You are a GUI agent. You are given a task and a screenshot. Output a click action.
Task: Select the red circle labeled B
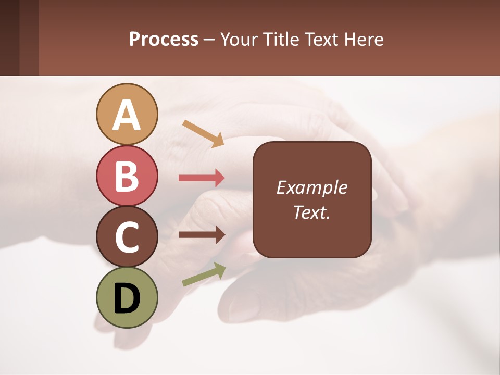tap(127, 176)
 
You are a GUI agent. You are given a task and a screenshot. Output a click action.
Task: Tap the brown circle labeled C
tap(127, 237)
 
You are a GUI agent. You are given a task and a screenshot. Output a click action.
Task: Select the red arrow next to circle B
tap(202, 178)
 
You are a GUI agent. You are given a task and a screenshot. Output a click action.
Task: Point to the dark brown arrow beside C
tap(202, 235)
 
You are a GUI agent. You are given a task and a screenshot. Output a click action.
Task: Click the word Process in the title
tap(164, 39)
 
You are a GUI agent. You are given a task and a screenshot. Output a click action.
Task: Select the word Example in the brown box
tap(311, 187)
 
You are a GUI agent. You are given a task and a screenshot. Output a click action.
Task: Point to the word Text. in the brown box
tap(311, 212)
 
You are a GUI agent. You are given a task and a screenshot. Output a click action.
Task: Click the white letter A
tap(127, 115)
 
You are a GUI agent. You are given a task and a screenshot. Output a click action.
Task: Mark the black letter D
tap(127, 298)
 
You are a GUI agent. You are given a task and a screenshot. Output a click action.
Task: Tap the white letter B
tap(127, 176)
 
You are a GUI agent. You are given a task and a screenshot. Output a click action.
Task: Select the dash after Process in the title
tap(209, 40)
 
